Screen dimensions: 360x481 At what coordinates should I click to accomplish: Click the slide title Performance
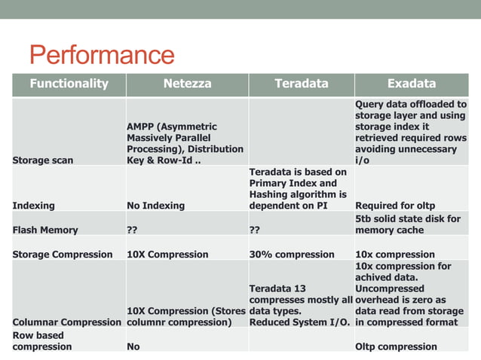pos(102,55)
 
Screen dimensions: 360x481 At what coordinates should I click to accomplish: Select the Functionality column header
pos(69,84)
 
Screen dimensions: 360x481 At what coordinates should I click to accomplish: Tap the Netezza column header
pos(186,84)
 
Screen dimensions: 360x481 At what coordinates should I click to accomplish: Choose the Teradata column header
pos(301,84)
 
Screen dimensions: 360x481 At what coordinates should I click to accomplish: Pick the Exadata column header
pos(411,84)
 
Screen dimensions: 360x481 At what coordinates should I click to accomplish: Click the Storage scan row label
pos(43,160)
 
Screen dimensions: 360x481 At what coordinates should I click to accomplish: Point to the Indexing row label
pos(34,206)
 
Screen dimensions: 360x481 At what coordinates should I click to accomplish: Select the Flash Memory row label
pos(45,230)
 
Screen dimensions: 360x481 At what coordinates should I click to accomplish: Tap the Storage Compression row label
pos(63,255)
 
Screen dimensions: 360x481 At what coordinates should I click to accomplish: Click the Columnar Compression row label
pos(67,322)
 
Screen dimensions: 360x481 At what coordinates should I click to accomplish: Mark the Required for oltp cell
pos(395,206)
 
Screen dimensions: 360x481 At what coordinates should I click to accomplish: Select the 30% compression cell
pos(292,255)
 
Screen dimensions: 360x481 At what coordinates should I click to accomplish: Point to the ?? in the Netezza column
pos(133,230)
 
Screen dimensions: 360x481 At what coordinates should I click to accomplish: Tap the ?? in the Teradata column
pos(255,230)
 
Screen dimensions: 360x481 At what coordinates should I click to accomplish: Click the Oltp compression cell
pos(396,346)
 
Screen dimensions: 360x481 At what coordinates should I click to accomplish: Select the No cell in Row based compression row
pos(133,346)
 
